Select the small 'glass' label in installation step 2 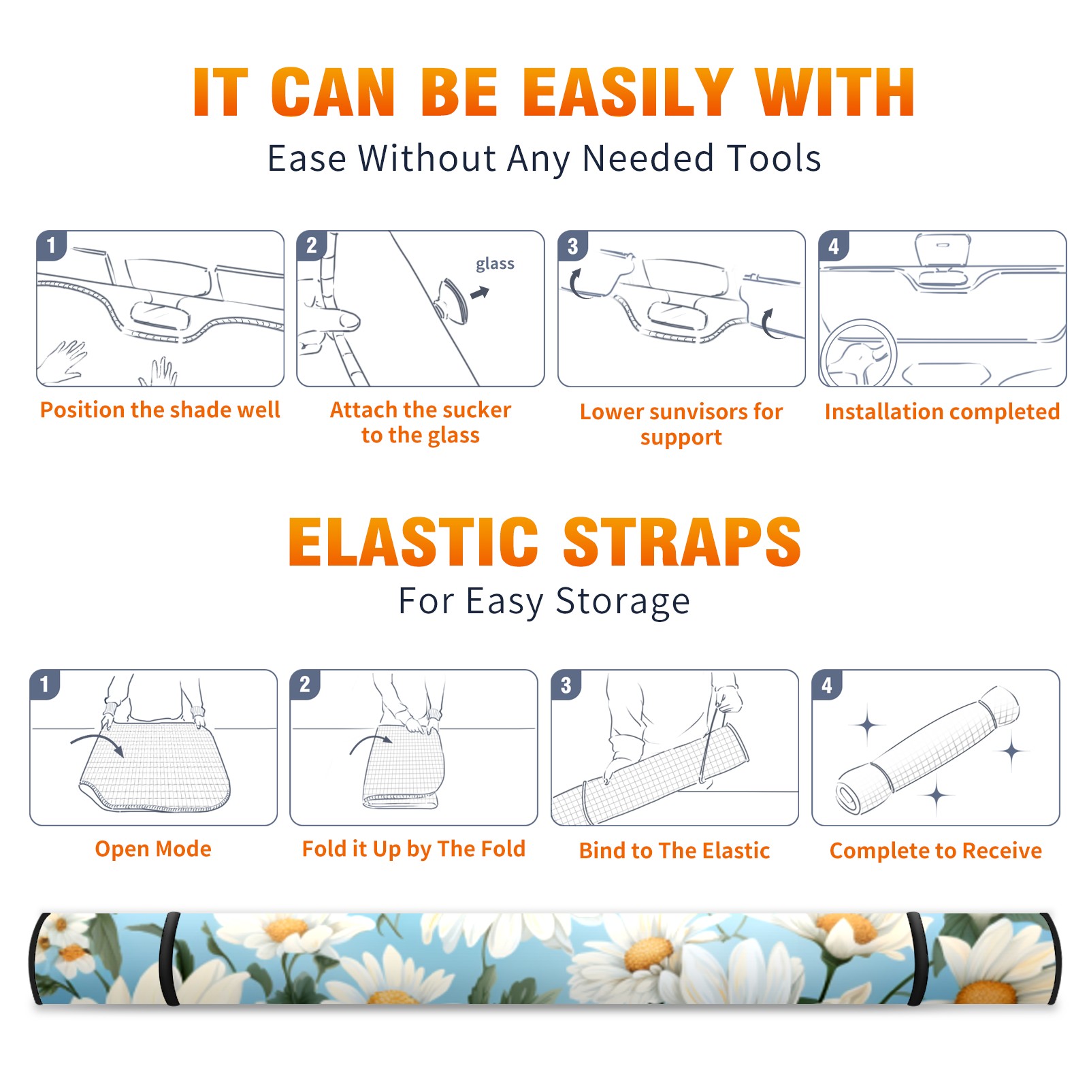click(x=495, y=264)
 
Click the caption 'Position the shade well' click(x=160, y=410)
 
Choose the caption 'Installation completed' click(x=942, y=412)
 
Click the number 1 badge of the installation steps click(x=52, y=245)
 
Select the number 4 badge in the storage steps click(x=827, y=685)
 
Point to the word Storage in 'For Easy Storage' click(x=623, y=602)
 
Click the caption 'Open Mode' click(x=153, y=849)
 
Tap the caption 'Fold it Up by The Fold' click(x=414, y=849)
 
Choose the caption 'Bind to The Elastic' click(x=674, y=851)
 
